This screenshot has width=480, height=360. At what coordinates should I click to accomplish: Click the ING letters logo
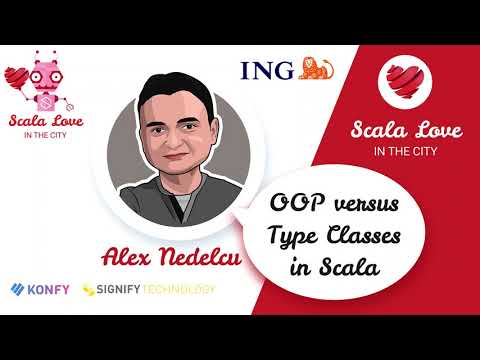click(267, 69)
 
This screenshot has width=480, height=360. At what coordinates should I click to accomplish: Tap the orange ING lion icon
click(315, 68)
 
